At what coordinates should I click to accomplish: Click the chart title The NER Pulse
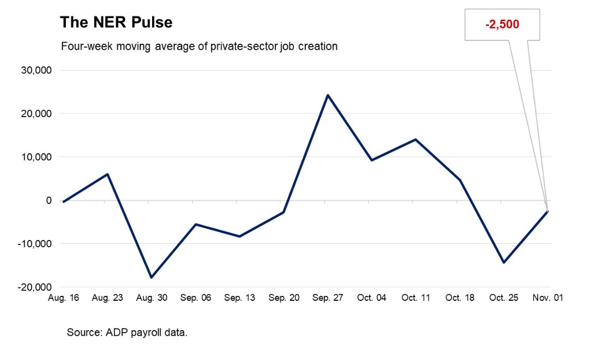pos(116,23)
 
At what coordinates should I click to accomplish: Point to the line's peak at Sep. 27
pos(328,95)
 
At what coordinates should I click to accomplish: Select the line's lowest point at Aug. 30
pos(151,277)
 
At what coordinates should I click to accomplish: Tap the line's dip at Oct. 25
pos(503,262)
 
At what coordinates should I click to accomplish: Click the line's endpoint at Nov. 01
pos(547,211)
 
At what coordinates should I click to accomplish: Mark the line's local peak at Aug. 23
pos(107,174)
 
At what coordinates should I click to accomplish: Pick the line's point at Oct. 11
pos(415,139)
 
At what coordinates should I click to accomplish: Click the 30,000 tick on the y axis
pos(35,70)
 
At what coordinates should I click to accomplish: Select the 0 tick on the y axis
pos(49,201)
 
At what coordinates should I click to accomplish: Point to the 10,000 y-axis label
pos(35,157)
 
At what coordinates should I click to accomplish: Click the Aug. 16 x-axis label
pos(63,298)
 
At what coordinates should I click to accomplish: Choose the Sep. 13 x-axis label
pos(240,298)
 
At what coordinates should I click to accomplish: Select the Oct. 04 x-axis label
pos(371,298)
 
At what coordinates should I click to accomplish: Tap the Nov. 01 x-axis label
pos(547,298)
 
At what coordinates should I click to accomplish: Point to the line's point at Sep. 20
pos(283,212)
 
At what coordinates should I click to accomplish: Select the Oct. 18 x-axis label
pos(459,298)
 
